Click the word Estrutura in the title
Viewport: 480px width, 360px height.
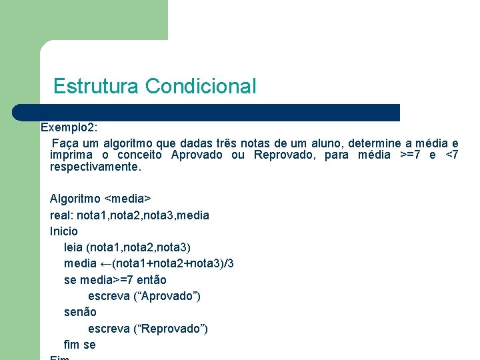pyautogui.click(x=96, y=86)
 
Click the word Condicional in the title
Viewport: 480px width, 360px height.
pyautogui.click(x=200, y=86)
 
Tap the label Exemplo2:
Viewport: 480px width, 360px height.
pyautogui.click(x=69, y=127)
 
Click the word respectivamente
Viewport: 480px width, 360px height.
pyautogui.click(x=95, y=167)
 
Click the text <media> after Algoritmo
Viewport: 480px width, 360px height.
pyautogui.click(x=129, y=199)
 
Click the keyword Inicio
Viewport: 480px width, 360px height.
pyautogui.click(x=64, y=231)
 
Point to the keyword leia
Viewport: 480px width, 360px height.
pyautogui.click(x=73, y=247)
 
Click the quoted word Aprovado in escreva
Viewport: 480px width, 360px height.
pyautogui.click(x=165, y=296)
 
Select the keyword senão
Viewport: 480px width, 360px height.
pyautogui.click(x=80, y=312)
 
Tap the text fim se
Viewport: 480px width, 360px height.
pyautogui.click(x=79, y=345)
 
